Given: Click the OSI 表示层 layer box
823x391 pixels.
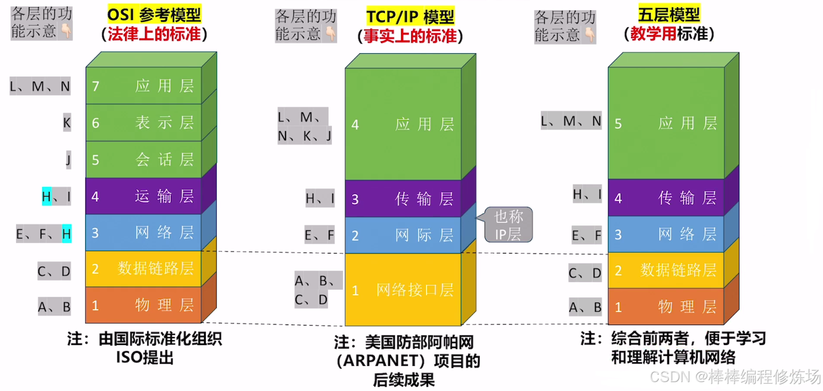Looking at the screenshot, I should (144, 123).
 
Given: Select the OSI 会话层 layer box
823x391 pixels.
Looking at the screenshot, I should (144, 159).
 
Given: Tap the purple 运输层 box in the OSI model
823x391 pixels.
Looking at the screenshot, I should (144, 196).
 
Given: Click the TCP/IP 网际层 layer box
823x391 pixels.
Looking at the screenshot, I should (403, 235).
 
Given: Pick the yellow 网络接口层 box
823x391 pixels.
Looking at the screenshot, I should (403, 290).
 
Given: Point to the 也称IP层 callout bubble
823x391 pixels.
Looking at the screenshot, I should (508, 225).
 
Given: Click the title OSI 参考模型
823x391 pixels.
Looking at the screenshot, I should (154, 15).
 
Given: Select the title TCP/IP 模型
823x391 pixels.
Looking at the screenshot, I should (410, 17).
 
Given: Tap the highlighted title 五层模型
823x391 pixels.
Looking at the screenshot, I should (669, 14).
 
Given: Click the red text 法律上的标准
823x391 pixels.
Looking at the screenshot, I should (154, 34).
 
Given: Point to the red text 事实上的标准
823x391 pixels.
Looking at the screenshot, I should (410, 36).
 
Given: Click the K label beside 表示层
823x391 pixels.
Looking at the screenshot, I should (67, 123).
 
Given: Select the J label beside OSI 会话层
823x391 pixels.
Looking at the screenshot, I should (68, 159).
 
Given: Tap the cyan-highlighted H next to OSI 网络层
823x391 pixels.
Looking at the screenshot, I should (66, 234).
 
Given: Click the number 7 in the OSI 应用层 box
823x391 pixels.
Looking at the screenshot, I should (96, 86).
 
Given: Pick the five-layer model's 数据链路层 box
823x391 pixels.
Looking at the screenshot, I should (666, 270).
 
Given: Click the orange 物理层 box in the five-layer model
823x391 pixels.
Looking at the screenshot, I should (666, 307).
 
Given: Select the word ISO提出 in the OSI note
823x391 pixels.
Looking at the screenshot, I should (145, 358).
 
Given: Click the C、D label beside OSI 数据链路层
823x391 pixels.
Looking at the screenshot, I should (54, 271).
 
